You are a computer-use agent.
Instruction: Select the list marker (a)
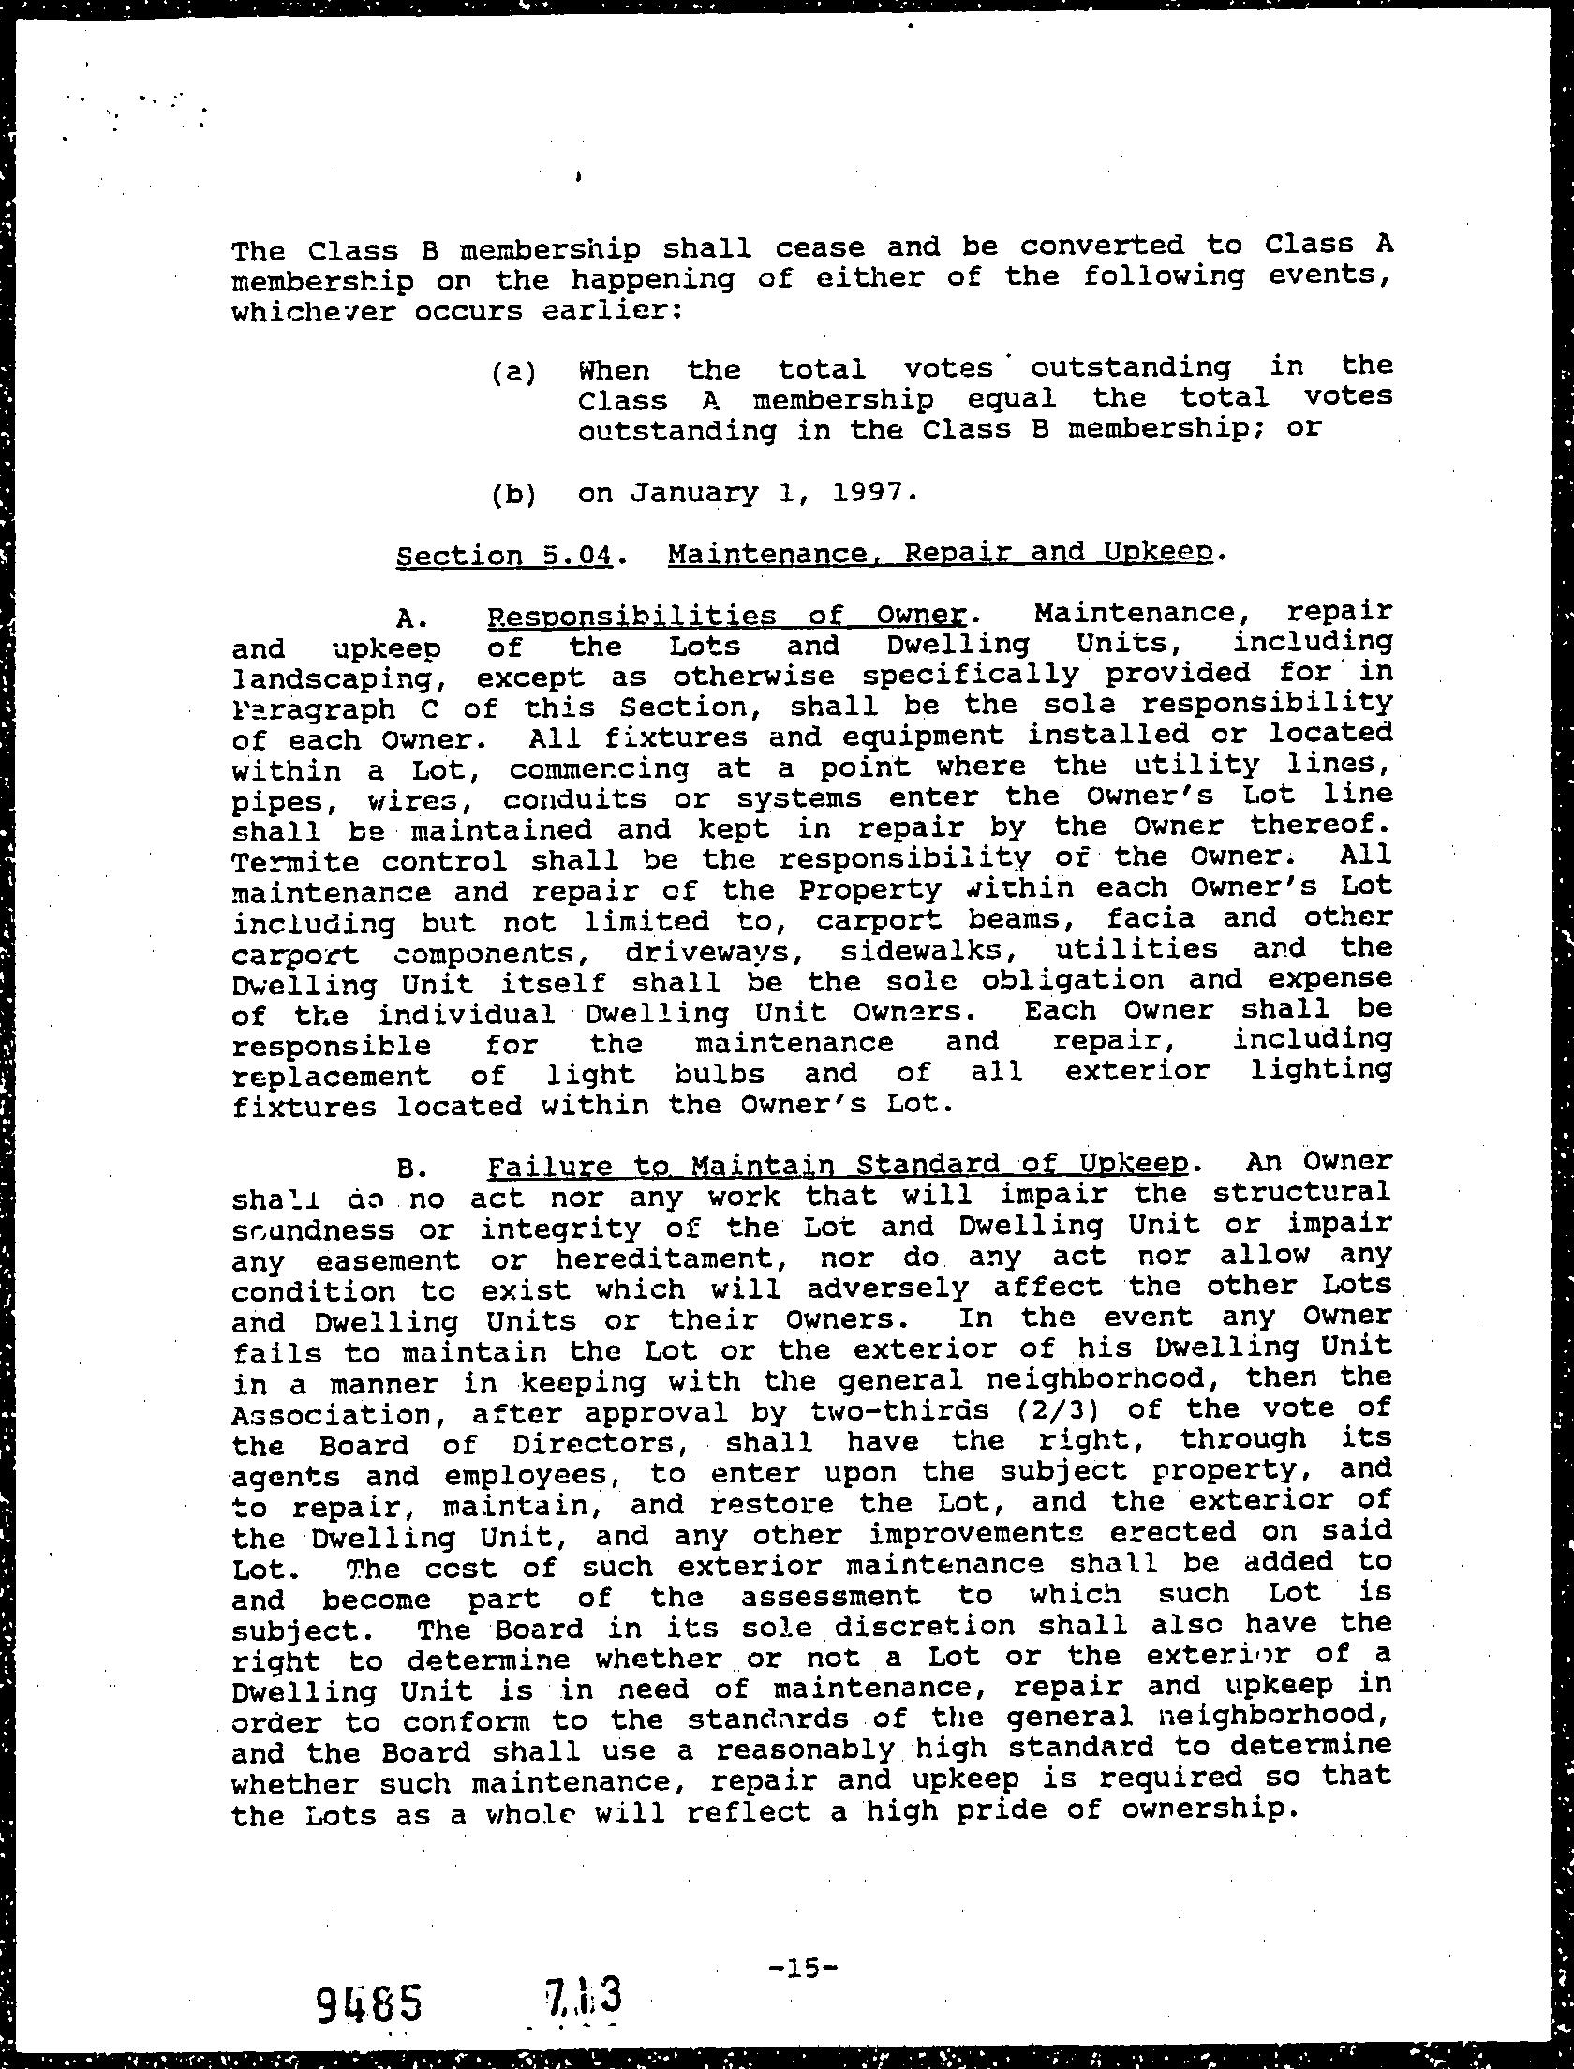tap(513, 372)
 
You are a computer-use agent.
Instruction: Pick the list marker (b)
tap(513, 494)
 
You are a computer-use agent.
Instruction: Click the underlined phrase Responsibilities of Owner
tap(726, 617)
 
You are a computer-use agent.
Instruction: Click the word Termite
tap(295, 860)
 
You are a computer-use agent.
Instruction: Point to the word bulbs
tap(720, 1074)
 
